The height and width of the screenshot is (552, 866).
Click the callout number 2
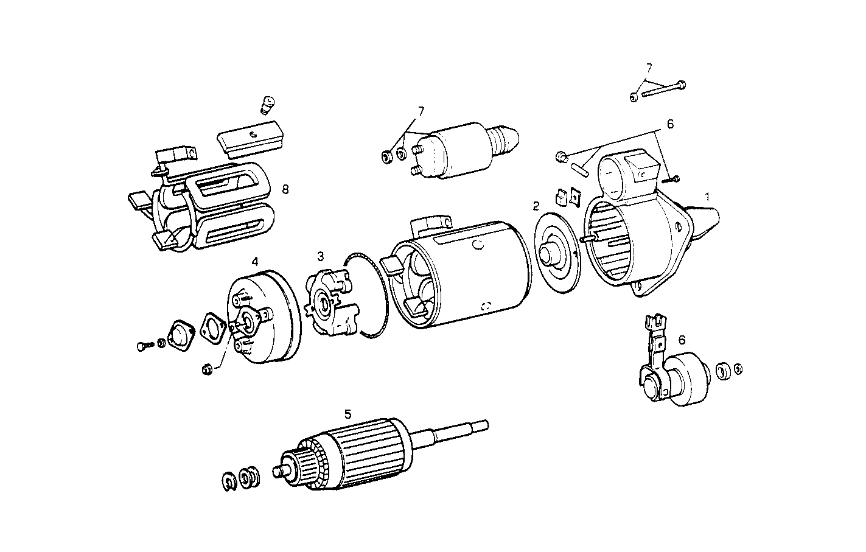pos(536,206)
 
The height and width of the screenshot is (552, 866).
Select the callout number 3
pos(320,256)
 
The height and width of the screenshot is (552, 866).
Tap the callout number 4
pos(255,261)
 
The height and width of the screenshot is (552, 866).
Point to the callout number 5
pos(347,414)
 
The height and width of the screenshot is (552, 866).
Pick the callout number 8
pos(285,189)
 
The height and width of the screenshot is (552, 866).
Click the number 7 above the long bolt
pos(649,67)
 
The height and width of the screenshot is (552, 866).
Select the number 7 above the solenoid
pos(421,111)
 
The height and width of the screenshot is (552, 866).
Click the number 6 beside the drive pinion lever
pos(682,339)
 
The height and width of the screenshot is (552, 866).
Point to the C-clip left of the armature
pos(229,480)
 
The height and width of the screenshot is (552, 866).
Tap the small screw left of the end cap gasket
pos(143,346)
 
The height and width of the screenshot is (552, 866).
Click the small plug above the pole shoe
pos(267,105)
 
